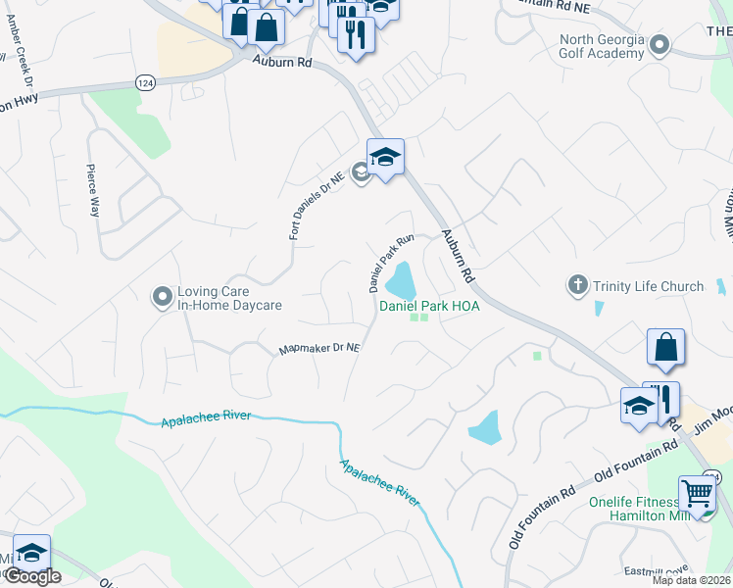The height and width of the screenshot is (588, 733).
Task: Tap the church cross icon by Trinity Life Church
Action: point(578,285)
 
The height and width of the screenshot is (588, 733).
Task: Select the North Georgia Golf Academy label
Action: point(602,46)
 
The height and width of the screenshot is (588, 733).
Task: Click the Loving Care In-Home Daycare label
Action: point(228,298)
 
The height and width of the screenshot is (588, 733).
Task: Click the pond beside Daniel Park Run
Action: point(401,283)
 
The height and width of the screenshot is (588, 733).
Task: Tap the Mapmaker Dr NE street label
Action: point(320,348)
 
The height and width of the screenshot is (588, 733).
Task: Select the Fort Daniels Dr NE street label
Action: point(317,205)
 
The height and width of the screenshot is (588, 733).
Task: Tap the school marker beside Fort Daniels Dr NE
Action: point(385,157)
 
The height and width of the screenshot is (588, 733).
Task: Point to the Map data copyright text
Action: point(690,580)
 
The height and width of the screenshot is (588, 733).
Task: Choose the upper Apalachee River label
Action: point(205,418)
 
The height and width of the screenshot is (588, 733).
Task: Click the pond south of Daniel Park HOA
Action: point(485,427)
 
